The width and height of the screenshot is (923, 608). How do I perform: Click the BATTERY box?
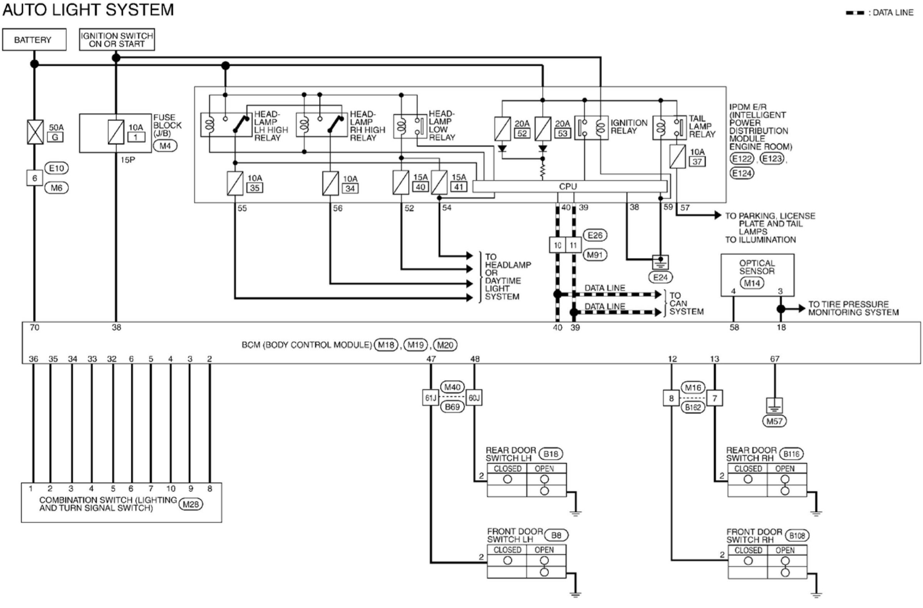click(x=34, y=40)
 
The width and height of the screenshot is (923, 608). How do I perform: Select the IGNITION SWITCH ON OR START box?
click(x=117, y=40)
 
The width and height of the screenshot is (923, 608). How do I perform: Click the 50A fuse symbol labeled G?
click(x=35, y=132)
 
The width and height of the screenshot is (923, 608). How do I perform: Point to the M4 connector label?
click(x=165, y=146)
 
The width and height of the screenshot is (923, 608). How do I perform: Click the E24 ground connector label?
click(x=660, y=277)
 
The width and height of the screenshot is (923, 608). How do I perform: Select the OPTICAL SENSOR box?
click(x=757, y=275)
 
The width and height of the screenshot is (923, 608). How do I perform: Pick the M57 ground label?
click(x=774, y=421)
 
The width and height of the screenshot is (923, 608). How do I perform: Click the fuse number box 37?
click(x=697, y=162)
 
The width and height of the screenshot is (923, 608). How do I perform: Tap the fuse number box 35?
click(x=255, y=188)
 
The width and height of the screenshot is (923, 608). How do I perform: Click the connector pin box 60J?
click(x=474, y=398)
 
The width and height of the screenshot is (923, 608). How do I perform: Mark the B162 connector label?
click(x=693, y=407)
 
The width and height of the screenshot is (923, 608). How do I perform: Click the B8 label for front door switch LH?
click(x=556, y=536)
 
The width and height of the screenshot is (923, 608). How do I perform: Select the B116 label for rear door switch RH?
click(x=792, y=454)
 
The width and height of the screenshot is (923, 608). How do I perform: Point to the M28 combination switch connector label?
click(x=191, y=504)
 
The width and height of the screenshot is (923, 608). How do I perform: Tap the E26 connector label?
click(x=595, y=235)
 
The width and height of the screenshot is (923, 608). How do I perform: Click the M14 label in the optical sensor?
click(x=752, y=283)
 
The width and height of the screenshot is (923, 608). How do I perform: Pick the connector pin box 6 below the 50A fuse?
click(x=35, y=178)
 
